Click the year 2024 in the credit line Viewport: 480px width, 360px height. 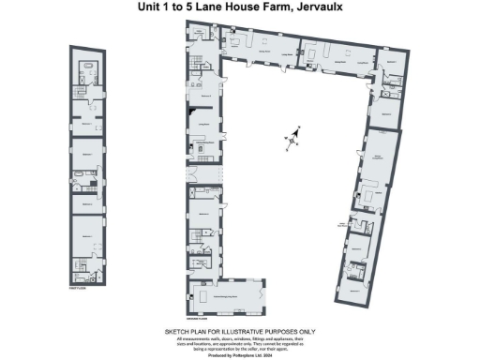tap(271, 352)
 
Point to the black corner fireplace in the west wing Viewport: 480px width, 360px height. tap(202, 149)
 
